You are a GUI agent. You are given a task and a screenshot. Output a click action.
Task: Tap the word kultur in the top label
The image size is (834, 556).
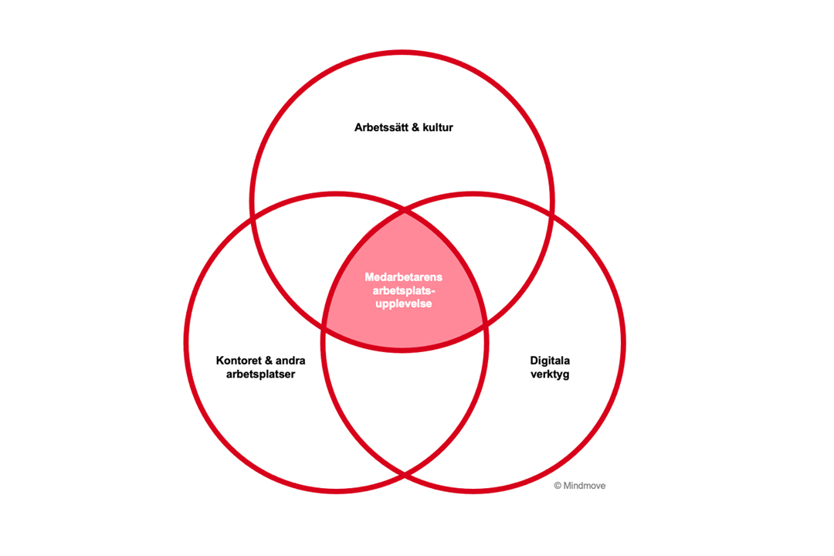pos(438,127)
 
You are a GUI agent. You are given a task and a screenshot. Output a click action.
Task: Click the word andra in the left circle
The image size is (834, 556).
pos(290,360)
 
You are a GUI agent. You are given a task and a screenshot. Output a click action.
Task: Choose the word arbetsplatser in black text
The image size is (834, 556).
pos(261,374)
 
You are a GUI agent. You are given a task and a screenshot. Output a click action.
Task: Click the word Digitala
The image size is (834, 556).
pos(550,361)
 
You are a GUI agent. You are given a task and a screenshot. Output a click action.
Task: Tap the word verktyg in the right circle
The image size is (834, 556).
pos(550,374)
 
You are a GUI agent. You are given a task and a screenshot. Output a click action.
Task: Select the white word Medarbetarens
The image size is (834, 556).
pos(404,277)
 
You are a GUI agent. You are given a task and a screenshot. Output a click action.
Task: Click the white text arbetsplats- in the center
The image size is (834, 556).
pos(404,290)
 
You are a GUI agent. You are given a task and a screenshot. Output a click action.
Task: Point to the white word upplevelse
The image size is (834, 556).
pos(404,303)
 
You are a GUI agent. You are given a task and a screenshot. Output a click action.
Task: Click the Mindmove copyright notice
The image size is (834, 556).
pos(580,485)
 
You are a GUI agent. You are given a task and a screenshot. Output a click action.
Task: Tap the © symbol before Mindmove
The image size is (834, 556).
pos(558,485)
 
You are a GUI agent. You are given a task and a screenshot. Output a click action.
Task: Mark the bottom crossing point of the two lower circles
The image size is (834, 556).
pos(405,473)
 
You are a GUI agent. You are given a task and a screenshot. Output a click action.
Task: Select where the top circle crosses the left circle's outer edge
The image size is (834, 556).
pos(253,218)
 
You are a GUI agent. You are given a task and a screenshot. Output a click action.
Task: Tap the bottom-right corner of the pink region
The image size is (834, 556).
pos(484,323)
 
